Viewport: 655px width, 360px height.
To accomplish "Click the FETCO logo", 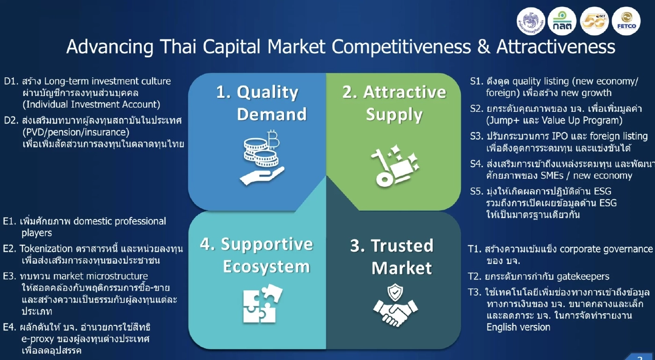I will click(x=626, y=22).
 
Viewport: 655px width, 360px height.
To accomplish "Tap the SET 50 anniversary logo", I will click(x=594, y=22).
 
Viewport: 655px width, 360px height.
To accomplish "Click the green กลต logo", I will click(x=562, y=22).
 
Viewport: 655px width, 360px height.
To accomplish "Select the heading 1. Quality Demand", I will click(x=257, y=103).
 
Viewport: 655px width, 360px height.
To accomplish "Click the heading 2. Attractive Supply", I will click(x=394, y=103).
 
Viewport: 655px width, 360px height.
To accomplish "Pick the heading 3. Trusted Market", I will click(x=392, y=257).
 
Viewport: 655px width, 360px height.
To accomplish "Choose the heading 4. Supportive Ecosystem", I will click(x=256, y=255).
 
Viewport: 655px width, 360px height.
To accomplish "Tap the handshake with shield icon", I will click(x=395, y=306).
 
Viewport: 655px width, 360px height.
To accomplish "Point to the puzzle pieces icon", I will click(x=262, y=304).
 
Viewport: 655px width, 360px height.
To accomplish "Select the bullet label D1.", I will click(x=11, y=81).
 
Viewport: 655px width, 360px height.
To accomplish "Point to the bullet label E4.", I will click(x=10, y=327).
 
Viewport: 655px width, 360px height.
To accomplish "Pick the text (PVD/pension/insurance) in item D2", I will click(x=76, y=132).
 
